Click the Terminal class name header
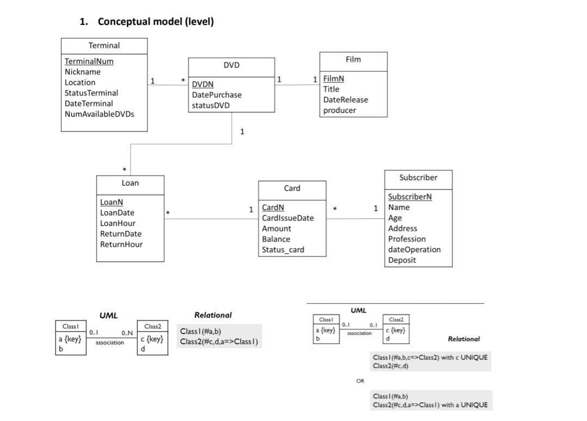104,46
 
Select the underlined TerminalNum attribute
89,61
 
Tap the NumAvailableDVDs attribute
99,114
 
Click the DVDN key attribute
203,84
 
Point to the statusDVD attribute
210,105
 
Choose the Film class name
353,59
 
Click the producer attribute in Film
340,110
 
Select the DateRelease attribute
346,100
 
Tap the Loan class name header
130,184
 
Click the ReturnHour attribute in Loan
121,244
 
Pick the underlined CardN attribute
273,208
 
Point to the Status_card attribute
283,250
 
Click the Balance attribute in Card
276,239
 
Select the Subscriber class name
418,178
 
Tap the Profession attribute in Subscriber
407,239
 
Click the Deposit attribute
402,260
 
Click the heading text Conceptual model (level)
155,22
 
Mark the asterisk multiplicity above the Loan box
125,170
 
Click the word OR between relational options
360,381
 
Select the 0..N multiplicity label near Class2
127,333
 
